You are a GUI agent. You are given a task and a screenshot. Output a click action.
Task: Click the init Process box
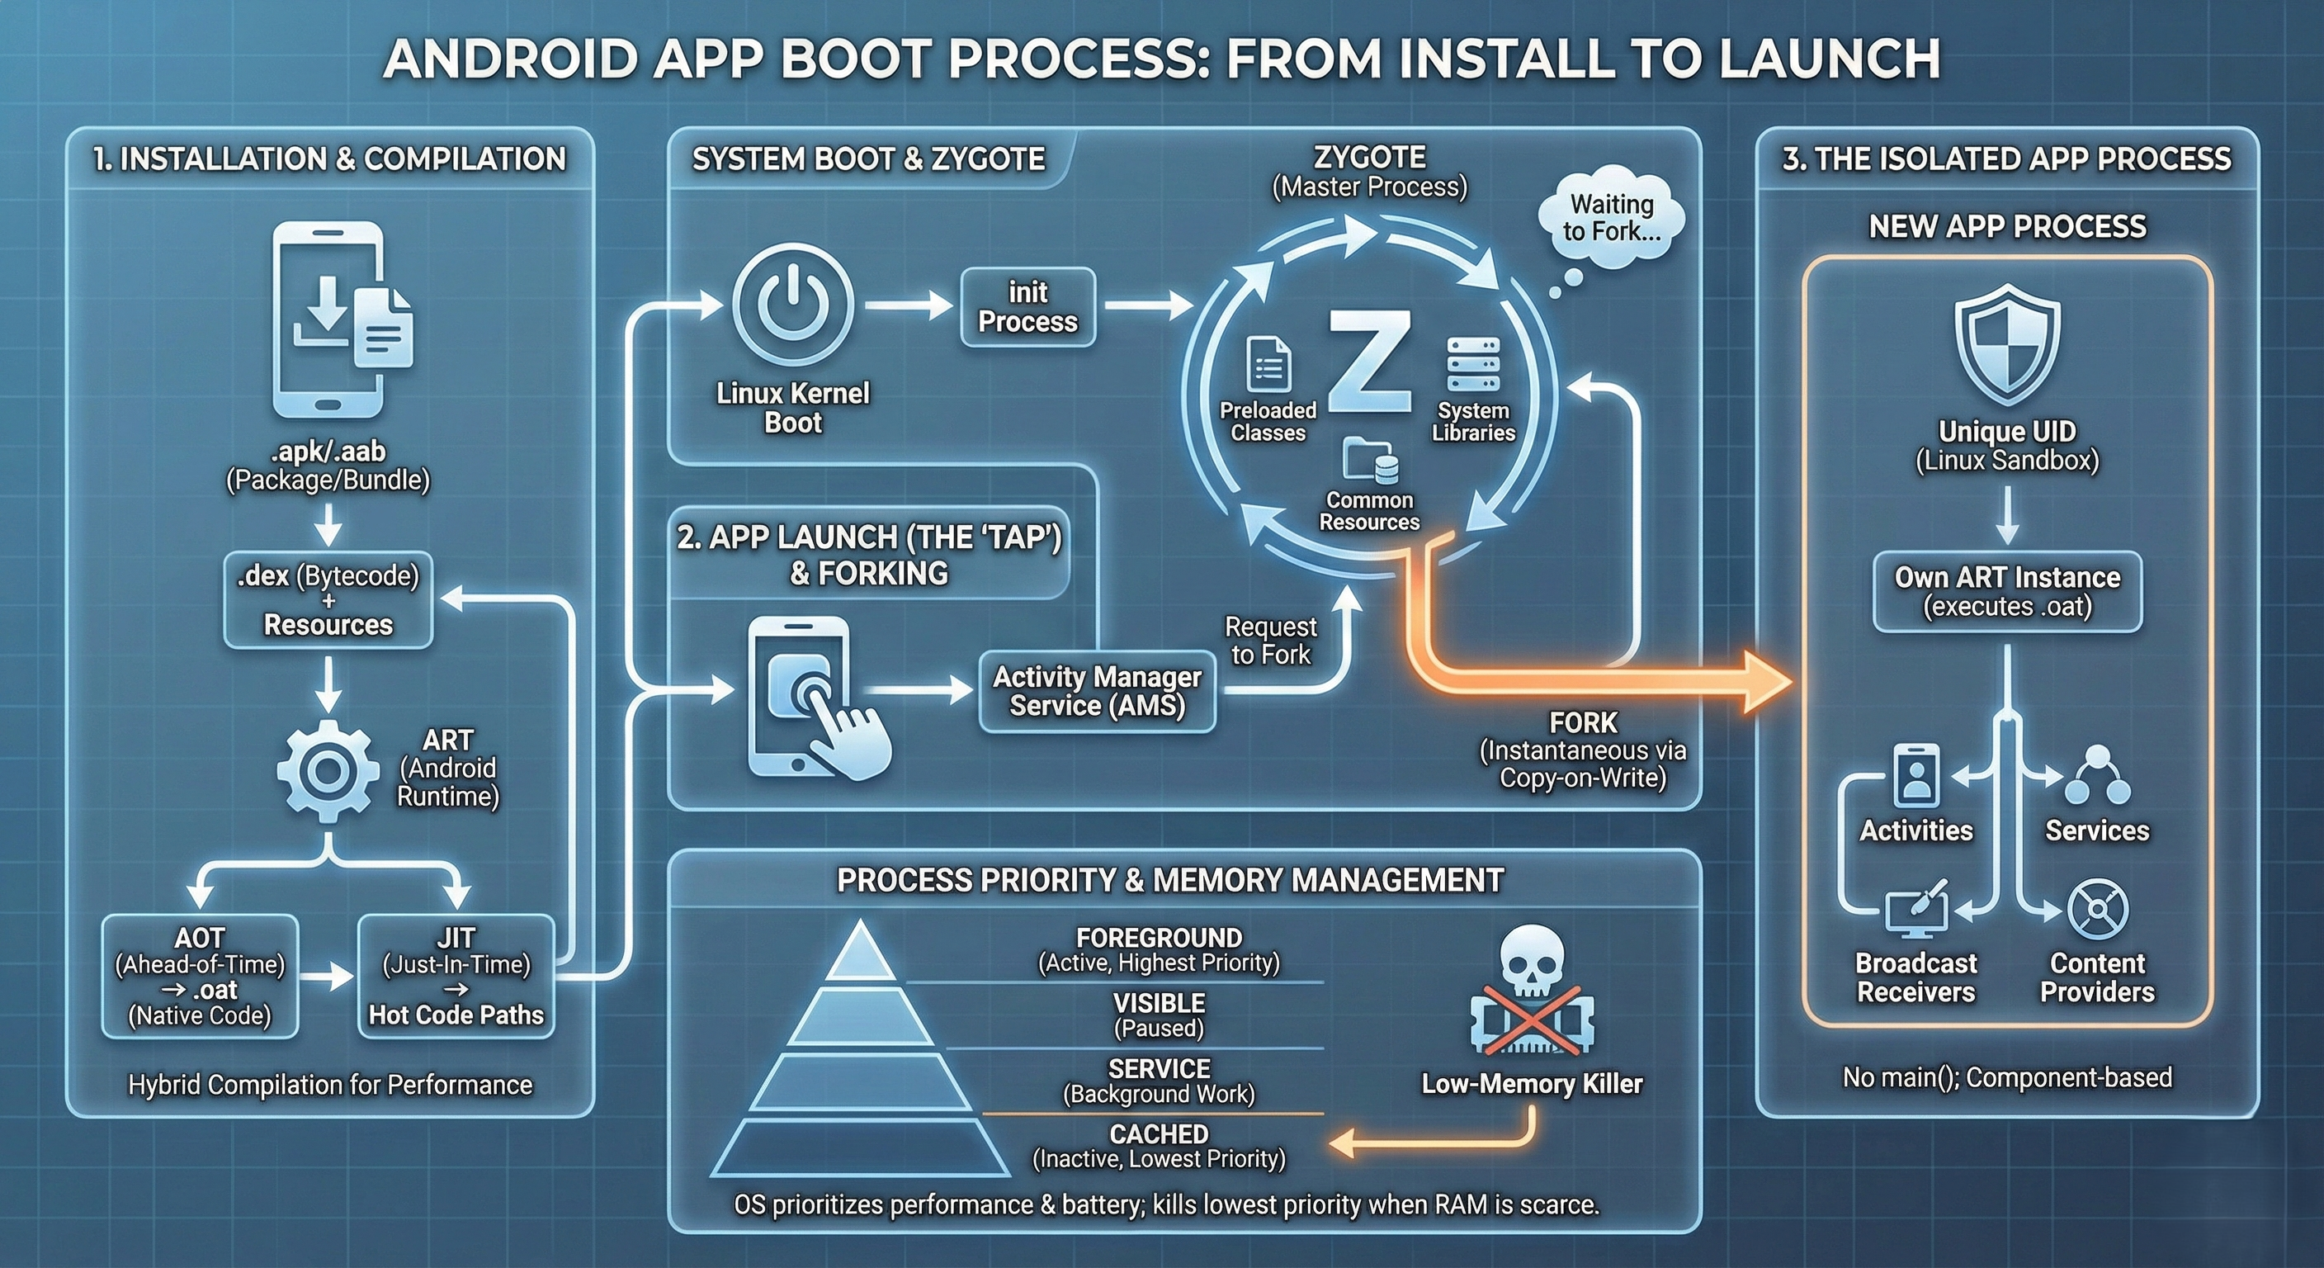1027,307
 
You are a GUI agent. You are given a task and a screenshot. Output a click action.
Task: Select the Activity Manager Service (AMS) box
1097,690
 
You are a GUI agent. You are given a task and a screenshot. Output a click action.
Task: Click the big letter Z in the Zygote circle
1369,361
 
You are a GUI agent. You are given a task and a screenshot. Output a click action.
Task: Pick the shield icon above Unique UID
2006,343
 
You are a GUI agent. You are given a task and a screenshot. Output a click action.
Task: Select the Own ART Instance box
2007,591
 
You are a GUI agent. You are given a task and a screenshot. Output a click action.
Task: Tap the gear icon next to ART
328,771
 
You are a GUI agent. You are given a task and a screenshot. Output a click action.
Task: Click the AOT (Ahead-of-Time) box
200,977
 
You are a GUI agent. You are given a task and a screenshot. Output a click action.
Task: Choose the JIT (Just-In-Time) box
456,977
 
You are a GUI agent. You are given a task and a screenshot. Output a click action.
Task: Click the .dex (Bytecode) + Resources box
328,600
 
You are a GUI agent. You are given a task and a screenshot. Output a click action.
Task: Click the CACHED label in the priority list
1159,1133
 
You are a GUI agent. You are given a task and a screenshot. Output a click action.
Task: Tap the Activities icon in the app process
1916,774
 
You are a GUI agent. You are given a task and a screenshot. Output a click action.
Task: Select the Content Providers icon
2097,910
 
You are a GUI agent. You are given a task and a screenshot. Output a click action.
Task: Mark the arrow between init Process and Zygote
1145,305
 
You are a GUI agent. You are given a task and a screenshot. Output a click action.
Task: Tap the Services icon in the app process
2097,775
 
